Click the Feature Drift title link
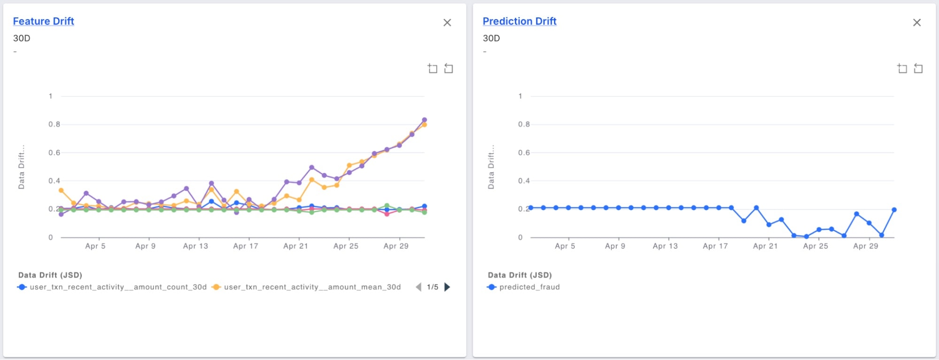coord(43,21)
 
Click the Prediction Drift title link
coord(519,21)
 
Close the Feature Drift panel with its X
coord(447,23)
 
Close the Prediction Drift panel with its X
coord(916,23)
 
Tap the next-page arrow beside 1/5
coord(447,287)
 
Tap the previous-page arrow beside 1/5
coord(418,287)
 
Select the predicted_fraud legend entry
coord(529,287)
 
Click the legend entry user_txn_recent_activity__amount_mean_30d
coord(312,287)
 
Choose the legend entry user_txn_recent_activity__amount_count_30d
coord(117,287)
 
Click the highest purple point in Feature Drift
coord(424,120)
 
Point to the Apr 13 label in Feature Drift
coord(195,246)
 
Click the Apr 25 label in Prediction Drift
coord(815,246)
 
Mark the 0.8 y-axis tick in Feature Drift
coord(54,125)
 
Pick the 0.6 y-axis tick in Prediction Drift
coord(524,153)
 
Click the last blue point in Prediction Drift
coord(894,210)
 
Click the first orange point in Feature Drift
coord(61,190)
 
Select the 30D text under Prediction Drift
coord(491,38)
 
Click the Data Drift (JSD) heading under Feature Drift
coord(50,275)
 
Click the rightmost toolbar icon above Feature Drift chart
coord(449,69)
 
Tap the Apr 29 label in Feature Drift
coord(396,246)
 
